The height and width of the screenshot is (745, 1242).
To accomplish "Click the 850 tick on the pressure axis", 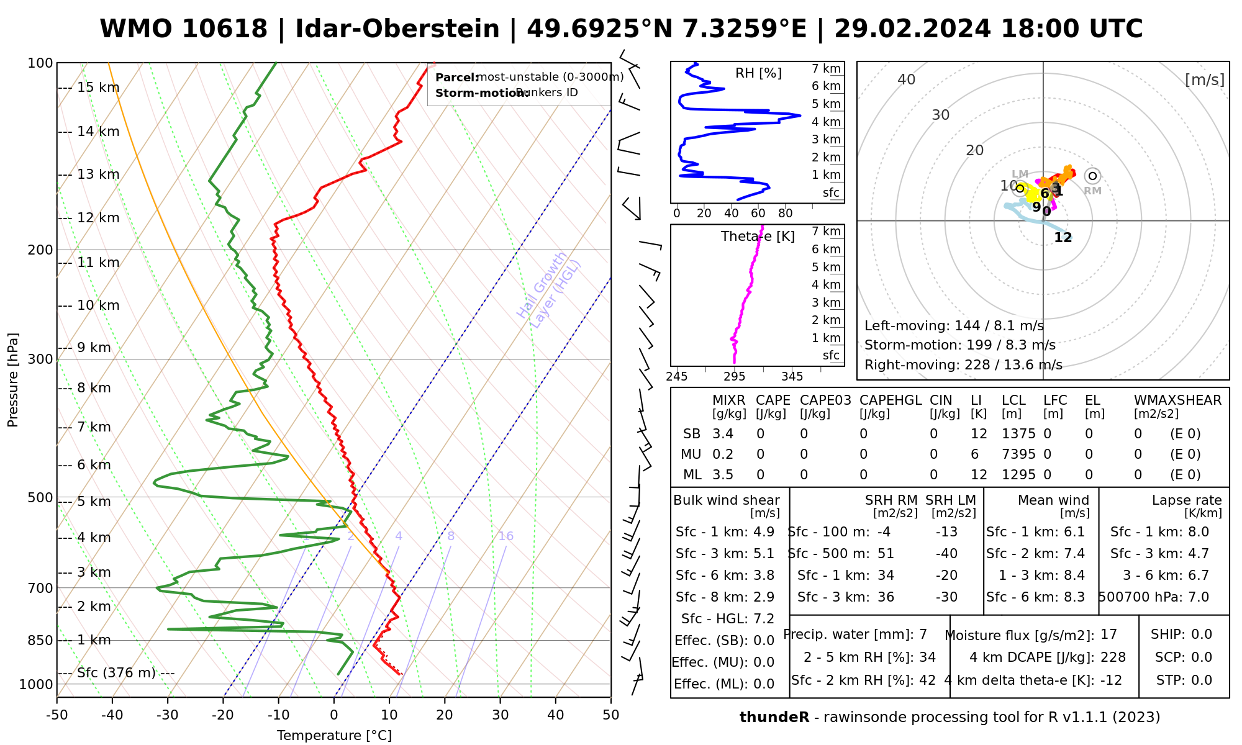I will (x=40, y=640).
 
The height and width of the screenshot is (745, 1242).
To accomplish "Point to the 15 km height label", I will (x=97, y=88).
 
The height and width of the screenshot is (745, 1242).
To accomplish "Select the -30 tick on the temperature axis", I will (x=168, y=715).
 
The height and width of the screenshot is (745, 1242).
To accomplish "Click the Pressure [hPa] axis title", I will (x=13, y=380).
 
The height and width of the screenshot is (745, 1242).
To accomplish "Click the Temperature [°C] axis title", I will (x=334, y=736).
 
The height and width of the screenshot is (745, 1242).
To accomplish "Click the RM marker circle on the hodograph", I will (x=1093, y=176).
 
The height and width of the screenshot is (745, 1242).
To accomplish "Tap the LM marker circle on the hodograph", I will (x=1020, y=188).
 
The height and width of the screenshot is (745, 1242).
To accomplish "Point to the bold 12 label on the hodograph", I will (x=1063, y=238).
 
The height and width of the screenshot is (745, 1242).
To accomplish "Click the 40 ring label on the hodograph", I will (x=907, y=79).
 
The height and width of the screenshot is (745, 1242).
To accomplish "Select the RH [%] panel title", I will (x=758, y=73).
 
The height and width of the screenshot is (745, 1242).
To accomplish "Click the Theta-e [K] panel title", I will (x=758, y=237).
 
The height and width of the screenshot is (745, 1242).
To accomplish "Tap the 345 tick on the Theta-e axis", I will (x=792, y=377).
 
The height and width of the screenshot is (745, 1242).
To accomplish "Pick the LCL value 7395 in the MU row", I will (x=1018, y=454).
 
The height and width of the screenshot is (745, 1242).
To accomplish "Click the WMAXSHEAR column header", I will (x=1177, y=400).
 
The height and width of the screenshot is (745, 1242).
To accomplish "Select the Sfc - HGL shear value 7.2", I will (x=763, y=619).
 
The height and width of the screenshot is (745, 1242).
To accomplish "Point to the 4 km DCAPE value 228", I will (x=1113, y=657).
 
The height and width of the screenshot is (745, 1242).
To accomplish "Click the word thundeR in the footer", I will (x=774, y=718).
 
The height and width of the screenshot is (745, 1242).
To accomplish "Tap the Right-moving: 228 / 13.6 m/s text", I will (x=963, y=365).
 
